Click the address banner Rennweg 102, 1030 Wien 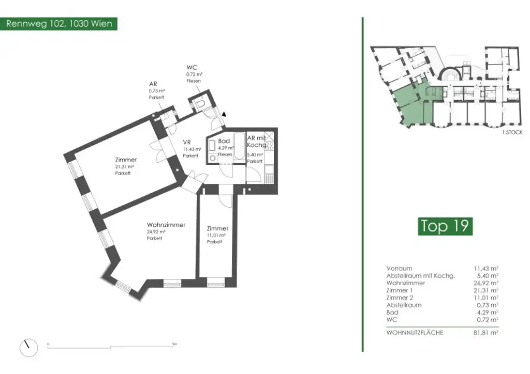[58, 24]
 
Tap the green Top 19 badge [445, 226]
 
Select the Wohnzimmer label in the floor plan [166, 225]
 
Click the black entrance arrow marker [224, 115]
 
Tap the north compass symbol [28, 347]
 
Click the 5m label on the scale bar [174, 344]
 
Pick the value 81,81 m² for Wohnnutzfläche [487, 333]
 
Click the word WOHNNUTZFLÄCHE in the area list [415, 333]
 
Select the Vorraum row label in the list [399, 269]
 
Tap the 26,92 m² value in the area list [487, 283]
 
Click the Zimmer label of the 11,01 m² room [217, 228]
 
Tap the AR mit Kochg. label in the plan [256, 142]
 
